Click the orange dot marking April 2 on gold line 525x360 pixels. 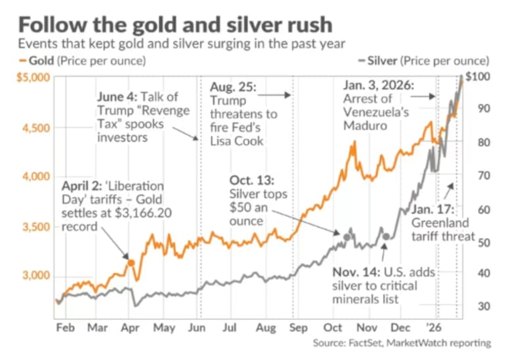click(131, 262)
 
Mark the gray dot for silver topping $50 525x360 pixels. click(346, 236)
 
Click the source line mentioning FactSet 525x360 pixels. click(401, 344)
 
